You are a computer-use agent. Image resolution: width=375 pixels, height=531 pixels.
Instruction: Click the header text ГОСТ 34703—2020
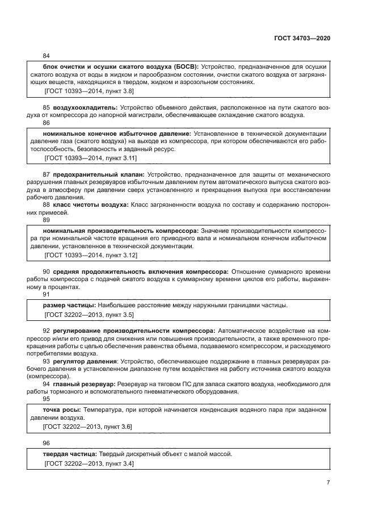301,37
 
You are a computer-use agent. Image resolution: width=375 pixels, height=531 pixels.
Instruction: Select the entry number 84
47,56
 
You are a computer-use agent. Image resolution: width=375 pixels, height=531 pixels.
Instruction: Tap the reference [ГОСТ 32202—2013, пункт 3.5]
89,314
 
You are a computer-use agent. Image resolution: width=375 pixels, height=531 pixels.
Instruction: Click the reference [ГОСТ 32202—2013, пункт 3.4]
89,463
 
